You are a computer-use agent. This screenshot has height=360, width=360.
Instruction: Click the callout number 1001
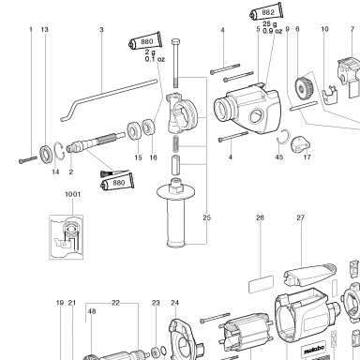(x=72, y=194)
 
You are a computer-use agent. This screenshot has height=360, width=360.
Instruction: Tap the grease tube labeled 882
(x=267, y=12)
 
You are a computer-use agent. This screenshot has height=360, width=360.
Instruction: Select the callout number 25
(x=206, y=217)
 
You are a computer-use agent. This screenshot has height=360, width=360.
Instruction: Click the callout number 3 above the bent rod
(x=101, y=30)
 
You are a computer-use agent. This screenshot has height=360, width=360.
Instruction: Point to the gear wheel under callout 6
(x=302, y=88)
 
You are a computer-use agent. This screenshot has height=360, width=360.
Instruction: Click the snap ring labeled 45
(x=284, y=137)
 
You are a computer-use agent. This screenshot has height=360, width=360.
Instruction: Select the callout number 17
(x=307, y=157)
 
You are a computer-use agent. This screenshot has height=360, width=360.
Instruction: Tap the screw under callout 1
(x=28, y=159)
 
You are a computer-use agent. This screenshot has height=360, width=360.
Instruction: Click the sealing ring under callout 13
(x=46, y=155)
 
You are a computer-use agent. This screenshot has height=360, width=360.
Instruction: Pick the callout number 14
(x=55, y=172)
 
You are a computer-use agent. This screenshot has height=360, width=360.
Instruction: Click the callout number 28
(x=260, y=217)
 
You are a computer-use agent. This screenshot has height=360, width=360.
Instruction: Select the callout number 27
(x=300, y=217)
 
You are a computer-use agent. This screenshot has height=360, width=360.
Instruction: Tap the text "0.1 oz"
(x=155, y=59)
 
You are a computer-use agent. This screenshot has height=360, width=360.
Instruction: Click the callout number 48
(x=92, y=311)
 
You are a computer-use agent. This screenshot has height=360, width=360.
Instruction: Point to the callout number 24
(x=174, y=303)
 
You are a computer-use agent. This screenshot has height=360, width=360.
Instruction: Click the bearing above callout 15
(x=135, y=130)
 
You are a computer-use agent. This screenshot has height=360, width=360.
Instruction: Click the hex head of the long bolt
(x=175, y=41)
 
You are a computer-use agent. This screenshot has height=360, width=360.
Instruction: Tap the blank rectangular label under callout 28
(x=262, y=284)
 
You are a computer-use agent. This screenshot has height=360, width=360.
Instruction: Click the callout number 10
(x=324, y=29)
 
